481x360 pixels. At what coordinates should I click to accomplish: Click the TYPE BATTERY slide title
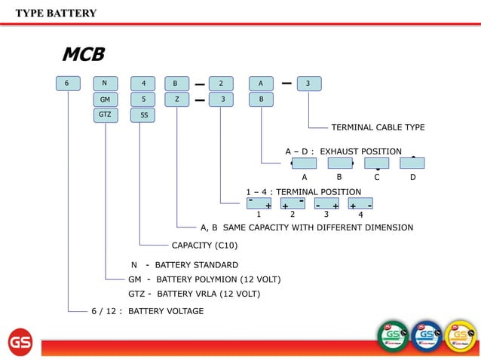(x=56, y=13)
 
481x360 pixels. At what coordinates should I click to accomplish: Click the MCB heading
(x=83, y=54)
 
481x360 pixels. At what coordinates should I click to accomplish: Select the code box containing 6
(x=67, y=83)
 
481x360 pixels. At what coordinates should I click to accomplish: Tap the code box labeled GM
(x=105, y=99)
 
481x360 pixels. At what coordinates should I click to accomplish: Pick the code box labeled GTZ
(x=105, y=114)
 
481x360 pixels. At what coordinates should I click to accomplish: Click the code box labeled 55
(x=143, y=115)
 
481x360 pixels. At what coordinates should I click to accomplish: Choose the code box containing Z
(x=176, y=99)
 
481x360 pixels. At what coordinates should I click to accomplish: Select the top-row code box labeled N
(x=105, y=83)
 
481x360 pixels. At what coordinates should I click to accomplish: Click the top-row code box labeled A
(x=261, y=83)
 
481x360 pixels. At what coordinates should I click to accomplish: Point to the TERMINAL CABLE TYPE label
(x=378, y=127)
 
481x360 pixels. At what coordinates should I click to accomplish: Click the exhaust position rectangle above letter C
(x=376, y=163)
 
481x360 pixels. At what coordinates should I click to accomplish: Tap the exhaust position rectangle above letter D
(x=412, y=163)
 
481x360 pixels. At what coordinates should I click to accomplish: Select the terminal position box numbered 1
(x=259, y=203)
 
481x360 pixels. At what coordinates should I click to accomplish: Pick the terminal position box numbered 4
(x=360, y=203)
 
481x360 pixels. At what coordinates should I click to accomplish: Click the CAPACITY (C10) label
(x=204, y=246)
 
